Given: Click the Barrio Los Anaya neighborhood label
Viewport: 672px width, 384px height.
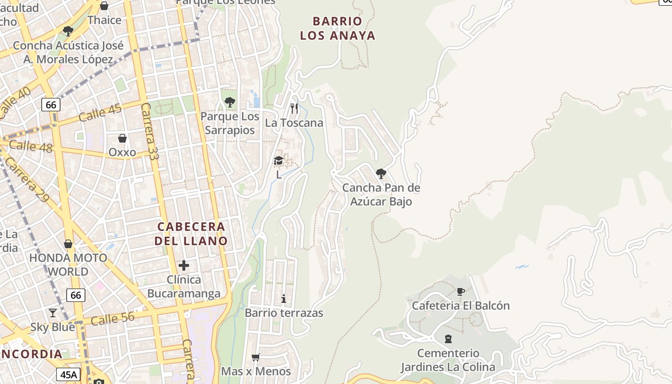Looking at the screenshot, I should [337, 28].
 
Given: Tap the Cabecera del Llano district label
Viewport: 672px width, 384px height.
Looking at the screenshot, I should [191, 233].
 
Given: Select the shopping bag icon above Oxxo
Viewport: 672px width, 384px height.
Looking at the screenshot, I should [122, 138].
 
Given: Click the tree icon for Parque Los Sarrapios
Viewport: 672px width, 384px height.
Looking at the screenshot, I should [230, 102].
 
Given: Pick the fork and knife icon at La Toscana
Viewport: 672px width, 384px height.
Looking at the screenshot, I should [294, 108].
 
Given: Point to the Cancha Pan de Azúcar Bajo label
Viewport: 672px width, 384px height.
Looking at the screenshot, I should [381, 194].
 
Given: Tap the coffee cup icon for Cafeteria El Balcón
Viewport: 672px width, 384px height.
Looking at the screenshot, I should [461, 291].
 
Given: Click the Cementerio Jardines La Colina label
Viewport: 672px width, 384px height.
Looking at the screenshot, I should [448, 360].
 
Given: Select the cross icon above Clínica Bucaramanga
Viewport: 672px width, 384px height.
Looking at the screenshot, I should [184, 265].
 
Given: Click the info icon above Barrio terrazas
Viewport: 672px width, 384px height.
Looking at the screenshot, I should [284, 299].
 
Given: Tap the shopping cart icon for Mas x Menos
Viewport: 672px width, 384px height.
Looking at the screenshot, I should [256, 357].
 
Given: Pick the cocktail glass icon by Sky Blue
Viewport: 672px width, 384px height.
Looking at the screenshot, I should [53, 313].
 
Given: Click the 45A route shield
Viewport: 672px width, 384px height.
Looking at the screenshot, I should [68, 374].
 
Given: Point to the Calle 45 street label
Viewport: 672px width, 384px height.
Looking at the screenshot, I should [100, 112].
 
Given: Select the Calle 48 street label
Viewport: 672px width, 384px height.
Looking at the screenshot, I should [31, 146].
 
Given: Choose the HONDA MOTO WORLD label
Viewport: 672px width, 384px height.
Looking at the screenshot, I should [68, 264].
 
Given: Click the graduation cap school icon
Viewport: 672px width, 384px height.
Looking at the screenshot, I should [279, 161].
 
